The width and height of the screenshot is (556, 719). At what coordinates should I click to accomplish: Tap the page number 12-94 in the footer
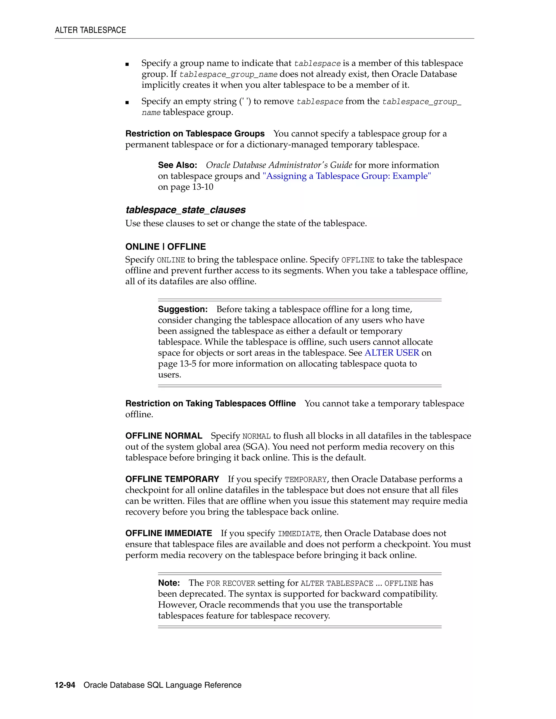[x=65, y=685]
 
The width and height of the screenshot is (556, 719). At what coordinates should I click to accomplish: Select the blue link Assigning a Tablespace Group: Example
[x=346, y=176]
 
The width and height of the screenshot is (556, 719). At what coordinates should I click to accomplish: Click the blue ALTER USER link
[x=392, y=353]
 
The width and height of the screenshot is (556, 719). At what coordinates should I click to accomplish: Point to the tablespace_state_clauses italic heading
[x=185, y=210]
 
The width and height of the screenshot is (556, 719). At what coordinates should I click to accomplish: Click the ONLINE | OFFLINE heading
[x=165, y=247]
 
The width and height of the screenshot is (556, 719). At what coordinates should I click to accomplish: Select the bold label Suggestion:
[x=183, y=310]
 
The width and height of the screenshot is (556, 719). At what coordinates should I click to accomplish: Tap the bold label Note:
[x=169, y=583]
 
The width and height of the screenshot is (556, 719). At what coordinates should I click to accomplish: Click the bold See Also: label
[x=178, y=165]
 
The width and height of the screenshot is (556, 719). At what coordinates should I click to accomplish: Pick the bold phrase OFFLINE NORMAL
[x=164, y=436]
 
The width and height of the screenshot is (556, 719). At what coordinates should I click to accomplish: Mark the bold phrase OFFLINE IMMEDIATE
[x=169, y=533]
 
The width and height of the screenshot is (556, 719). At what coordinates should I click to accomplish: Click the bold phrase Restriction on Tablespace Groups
[x=195, y=134]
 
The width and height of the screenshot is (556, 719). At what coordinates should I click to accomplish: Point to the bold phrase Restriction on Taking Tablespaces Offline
[x=210, y=404]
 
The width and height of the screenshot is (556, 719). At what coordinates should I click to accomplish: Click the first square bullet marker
[x=127, y=65]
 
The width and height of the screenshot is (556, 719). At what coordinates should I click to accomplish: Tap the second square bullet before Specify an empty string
[x=127, y=102]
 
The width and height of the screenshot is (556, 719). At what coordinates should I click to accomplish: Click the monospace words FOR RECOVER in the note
[x=230, y=583]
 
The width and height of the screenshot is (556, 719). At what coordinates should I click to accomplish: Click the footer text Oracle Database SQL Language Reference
[x=162, y=685]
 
